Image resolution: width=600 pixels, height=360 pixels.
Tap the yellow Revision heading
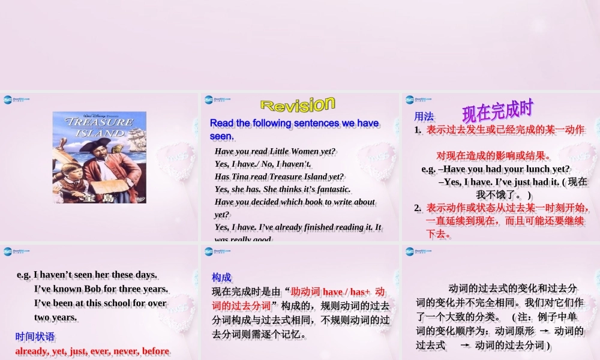tap(297, 105)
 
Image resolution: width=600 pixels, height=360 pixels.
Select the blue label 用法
tap(424, 116)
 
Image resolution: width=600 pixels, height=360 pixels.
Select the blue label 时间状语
tap(35, 337)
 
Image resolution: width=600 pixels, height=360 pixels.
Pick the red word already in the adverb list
tap(34, 351)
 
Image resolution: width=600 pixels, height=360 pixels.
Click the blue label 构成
tap(221, 277)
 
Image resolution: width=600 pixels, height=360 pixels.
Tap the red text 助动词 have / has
tap(330, 292)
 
